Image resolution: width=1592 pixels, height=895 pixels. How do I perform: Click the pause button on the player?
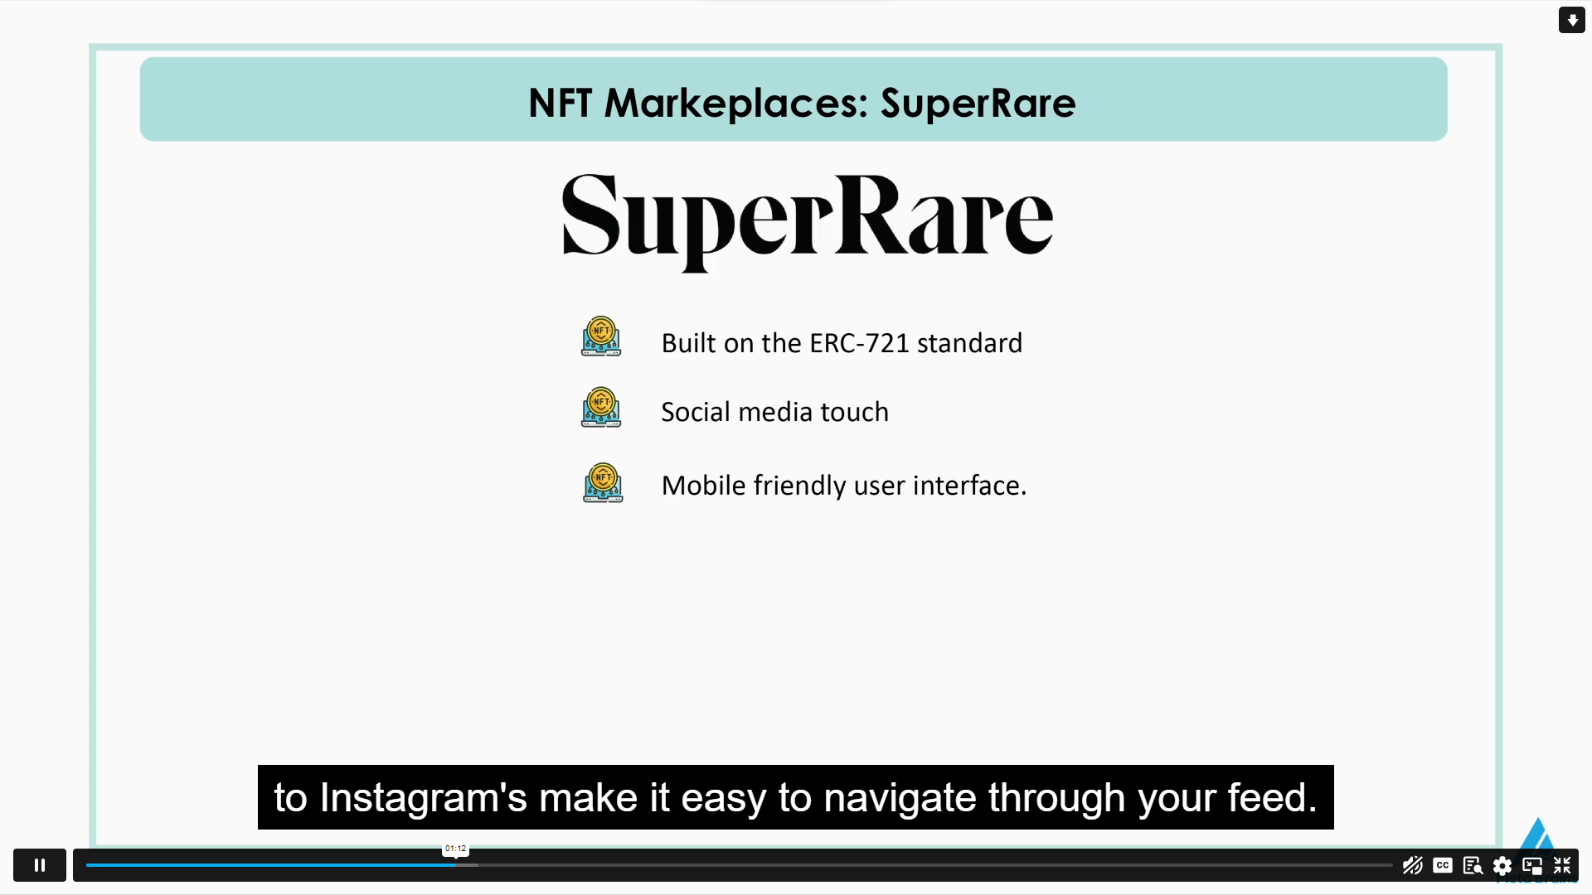pyautogui.click(x=39, y=865)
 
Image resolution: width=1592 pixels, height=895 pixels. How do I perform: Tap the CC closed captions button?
pyautogui.click(x=1443, y=865)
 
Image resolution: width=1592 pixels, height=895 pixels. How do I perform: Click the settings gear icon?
pyautogui.click(x=1502, y=866)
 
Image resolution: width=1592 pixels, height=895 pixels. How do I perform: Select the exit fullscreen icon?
pyautogui.click(x=1562, y=865)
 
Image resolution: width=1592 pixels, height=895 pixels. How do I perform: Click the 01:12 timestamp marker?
pyautogui.click(x=455, y=849)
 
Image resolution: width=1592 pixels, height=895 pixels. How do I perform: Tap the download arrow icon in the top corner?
pyautogui.click(x=1571, y=20)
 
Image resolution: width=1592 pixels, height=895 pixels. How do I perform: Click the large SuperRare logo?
pyautogui.click(x=807, y=219)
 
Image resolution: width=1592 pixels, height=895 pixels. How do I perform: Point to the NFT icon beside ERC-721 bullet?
pyautogui.click(x=601, y=336)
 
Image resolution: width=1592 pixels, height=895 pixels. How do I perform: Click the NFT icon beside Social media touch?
pyautogui.click(x=601, y=407)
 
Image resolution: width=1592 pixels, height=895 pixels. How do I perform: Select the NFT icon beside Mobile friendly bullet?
pyautogui.click(x=603, y=483)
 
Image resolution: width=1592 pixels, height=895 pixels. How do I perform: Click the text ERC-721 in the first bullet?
pyautogui.click(x=859, y=343)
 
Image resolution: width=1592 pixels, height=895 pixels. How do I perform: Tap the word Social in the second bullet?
pyautogui.click(x=695, y=412)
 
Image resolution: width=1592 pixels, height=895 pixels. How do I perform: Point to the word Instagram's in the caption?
pyautogui.click(x=423, y=798)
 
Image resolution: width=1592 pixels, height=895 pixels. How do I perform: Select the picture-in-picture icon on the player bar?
pyautogui.click(x=1532, y=866)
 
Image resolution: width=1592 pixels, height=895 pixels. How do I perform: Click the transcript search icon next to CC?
pyautogui.click(x=1473, y=866)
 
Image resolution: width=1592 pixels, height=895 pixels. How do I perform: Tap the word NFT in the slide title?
pyautogui.click(x=560, y=104)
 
